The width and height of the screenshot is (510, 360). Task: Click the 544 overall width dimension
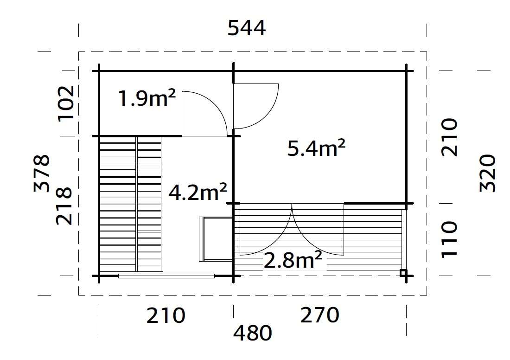[247, 29]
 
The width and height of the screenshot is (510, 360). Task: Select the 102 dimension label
[65, 103]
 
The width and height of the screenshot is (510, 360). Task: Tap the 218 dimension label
[64, 206]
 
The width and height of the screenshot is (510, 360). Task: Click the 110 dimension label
[449, 238]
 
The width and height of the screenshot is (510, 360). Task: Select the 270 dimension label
[320, 316]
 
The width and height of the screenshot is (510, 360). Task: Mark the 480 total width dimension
[252, 333]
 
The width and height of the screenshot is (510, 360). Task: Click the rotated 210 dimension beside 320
[449, 137]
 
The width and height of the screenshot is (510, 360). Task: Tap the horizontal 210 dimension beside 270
[166, 316]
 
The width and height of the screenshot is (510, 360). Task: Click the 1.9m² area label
[147, 99]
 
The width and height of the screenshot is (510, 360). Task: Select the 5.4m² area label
[317, 149]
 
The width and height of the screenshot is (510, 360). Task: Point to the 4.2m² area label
[198, 192]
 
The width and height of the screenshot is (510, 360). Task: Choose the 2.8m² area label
[293, 261]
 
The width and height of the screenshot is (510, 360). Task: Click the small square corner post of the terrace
[404, 273]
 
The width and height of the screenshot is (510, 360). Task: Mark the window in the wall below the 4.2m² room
[166, 276]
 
